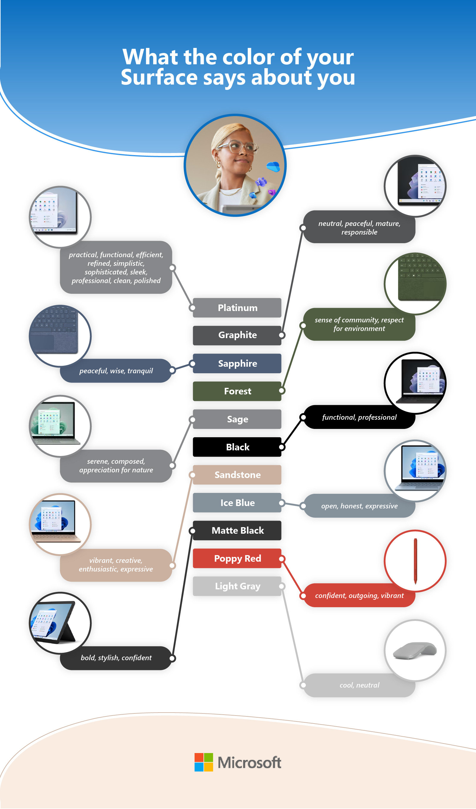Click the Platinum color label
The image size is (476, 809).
(x=237, y=307)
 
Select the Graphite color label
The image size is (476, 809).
(x=237, y=335)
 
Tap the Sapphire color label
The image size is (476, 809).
(x=237, y=363)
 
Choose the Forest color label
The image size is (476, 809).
(x=237, y=391)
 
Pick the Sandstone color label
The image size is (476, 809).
(x=237, y=475)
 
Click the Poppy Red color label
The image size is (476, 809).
(x=237, y=559)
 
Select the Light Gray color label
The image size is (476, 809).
(x=237, y=586)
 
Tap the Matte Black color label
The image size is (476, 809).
(x=237, y=530)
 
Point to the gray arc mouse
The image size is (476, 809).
(x=415, y=650)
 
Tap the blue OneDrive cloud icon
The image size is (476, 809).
(x=273, y=167)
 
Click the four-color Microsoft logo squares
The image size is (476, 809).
(x=203, y=762)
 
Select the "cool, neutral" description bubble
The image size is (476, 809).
(x=359, y=685)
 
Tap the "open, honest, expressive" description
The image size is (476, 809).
(x=359, y=506)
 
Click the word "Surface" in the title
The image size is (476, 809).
(x=159, y=78)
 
